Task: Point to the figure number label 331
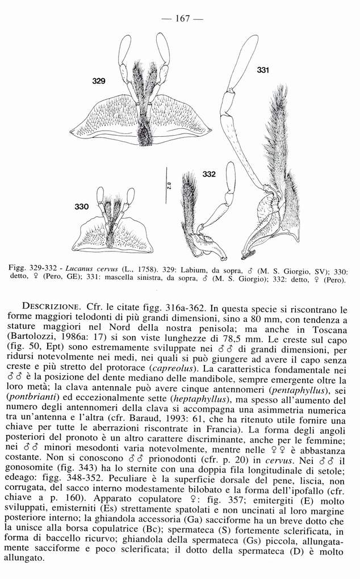(x=262, y=70)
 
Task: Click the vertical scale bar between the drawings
(x=168, y=185)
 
